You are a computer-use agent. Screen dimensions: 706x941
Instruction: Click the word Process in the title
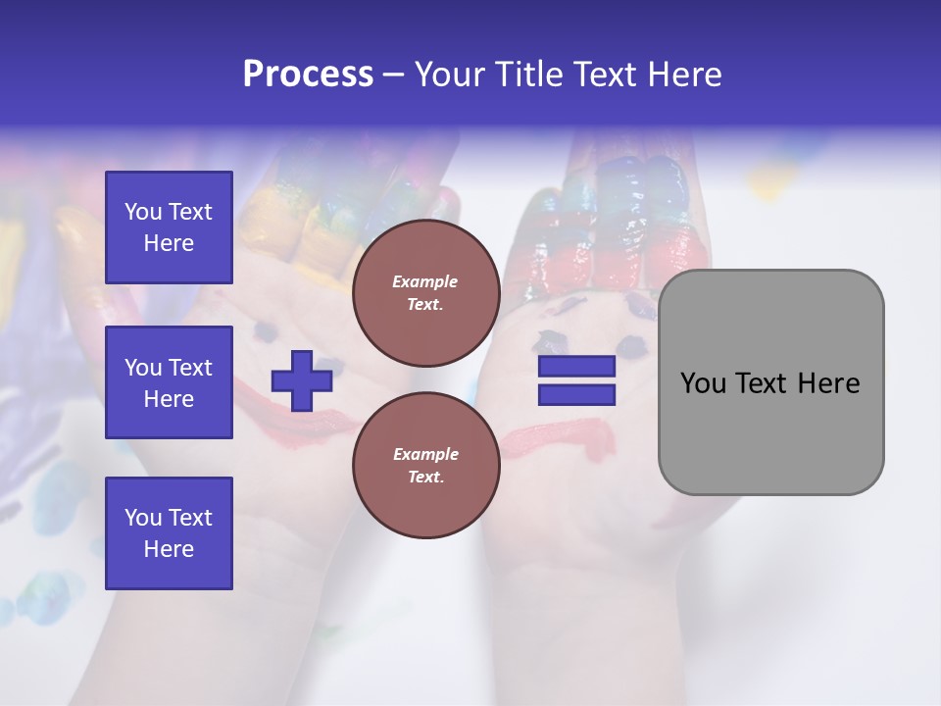pos(308,75)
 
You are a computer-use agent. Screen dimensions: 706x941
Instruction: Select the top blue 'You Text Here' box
pos(169,227)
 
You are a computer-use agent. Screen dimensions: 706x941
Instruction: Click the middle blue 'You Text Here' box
pos(169,382)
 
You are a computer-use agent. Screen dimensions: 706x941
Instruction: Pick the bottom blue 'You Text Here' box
pos(169,533)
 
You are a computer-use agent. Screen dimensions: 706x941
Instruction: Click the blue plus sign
pos(302,380)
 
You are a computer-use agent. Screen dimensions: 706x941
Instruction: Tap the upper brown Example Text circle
pos(425,293)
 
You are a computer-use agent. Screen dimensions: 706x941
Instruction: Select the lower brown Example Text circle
pos(425,466)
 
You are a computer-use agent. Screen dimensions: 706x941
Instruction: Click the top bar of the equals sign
pos(576,367)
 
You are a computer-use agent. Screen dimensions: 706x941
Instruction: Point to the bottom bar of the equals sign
pos(576,395)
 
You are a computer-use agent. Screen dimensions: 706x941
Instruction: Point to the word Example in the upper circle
pos(425,281)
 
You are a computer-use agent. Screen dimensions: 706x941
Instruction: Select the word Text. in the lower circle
pos(425,477)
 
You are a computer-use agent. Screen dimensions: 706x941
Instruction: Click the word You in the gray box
pos(703,383)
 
